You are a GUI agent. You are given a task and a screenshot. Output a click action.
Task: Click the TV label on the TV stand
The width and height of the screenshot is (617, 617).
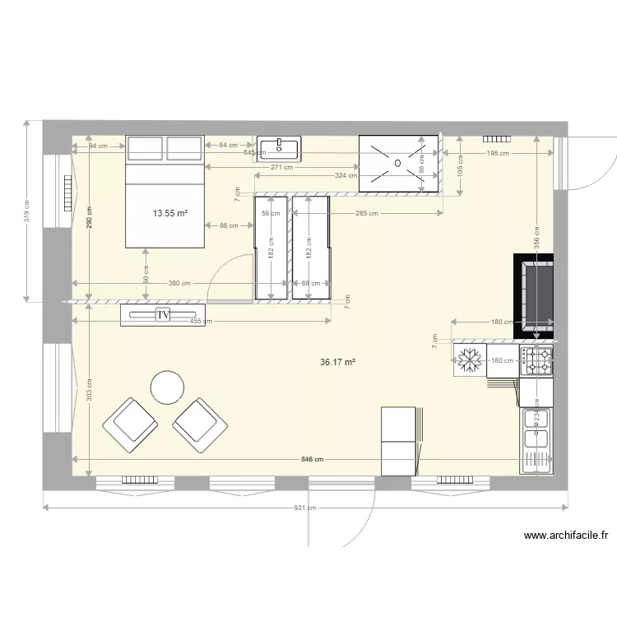(163, 314)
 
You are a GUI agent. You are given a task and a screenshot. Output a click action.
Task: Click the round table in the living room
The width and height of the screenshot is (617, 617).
(167, 387)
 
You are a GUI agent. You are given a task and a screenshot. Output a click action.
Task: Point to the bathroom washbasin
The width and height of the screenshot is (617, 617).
(279, 149)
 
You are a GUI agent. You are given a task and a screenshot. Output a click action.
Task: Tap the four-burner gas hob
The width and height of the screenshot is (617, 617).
(536, 360)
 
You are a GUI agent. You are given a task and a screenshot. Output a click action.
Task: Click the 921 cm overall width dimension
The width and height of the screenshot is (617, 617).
(305, 508)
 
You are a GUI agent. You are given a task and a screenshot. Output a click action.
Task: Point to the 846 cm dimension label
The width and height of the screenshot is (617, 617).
(313, 460)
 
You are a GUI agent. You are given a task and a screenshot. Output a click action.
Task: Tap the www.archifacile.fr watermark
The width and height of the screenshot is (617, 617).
(566, 536)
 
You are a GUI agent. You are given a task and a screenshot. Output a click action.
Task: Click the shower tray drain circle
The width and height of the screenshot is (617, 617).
(398, 163)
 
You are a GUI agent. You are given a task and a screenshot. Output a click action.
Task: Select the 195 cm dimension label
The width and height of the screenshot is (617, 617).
(497, 153)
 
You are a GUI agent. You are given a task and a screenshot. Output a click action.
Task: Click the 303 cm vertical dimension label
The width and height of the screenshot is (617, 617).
(89, 389)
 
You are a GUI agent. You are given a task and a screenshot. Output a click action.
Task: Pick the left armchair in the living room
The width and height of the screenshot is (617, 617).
(129, 426)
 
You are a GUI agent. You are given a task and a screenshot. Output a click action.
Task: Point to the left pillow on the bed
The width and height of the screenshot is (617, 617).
(145, 149)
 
